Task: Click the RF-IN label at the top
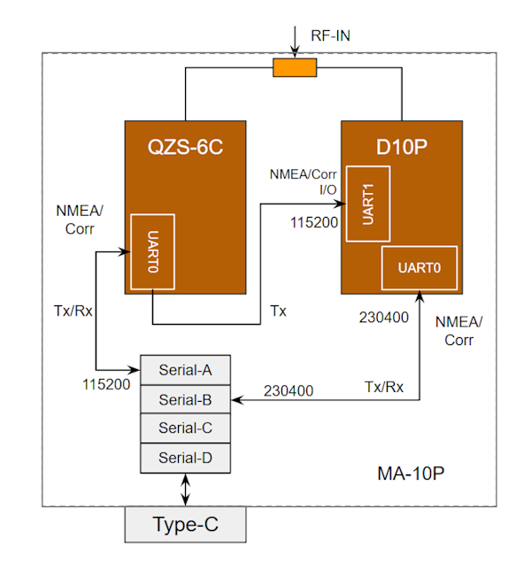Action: [332, 37]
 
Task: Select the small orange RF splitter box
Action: [294, 68]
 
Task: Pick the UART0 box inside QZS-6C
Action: [151, 250]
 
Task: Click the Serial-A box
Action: [185, 368]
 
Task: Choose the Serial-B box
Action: [185, 398]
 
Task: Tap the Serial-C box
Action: [185, 428]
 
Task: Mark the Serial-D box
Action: [185, 458]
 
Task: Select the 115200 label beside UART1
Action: [313, 222]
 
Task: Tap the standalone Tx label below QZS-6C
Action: [278, 311]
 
